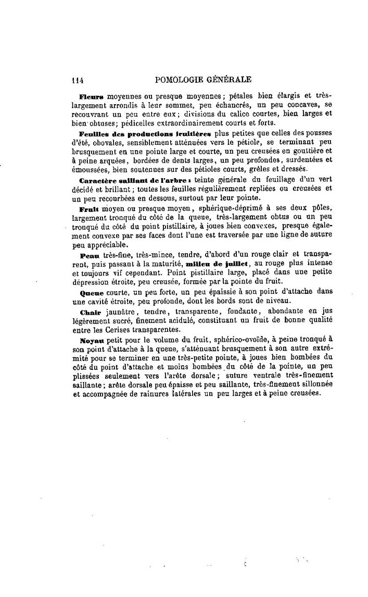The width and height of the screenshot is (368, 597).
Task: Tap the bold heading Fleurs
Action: click(91, 96)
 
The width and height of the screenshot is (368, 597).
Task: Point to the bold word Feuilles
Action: click(94, 133)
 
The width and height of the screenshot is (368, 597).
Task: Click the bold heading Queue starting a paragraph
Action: click(92, 293)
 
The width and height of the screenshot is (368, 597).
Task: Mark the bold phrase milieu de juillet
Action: click(211, 264)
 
